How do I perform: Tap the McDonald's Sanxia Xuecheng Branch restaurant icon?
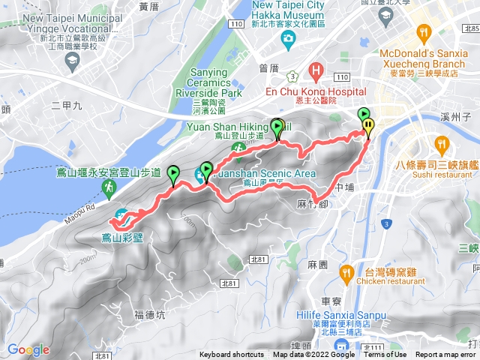(x=425, y=32)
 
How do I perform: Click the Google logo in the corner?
(x=28, y=349)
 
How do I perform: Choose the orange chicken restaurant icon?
(x=346, y=272)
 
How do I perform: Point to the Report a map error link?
(x=448, y=355)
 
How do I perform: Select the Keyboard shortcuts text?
(x=232, y=355)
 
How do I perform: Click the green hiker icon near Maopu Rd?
(x=109, y=186)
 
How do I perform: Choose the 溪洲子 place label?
(x=455, y=118)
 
